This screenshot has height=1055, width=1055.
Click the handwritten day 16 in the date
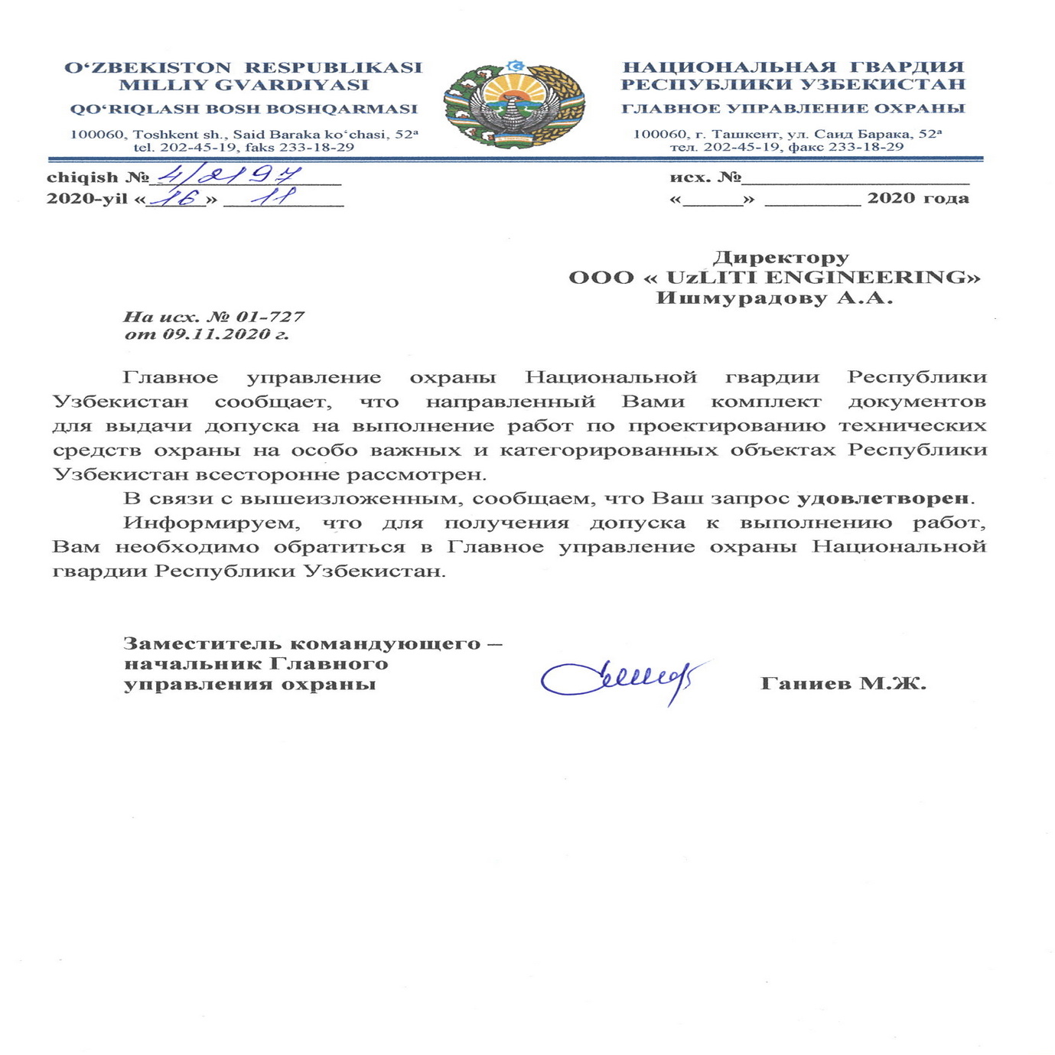(x=176, y=198)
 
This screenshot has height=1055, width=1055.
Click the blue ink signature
(x=620, y=678)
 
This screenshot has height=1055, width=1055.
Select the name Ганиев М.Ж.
(x=843, y=683)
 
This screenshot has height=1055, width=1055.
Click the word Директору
(x=780, y=257)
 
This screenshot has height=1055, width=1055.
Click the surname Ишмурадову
(x=741, y=298)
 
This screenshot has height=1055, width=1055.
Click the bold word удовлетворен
(x=883, y=498)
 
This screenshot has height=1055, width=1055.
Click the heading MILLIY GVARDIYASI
(x=243, y=85)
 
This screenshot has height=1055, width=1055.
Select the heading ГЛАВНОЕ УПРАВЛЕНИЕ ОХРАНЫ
(x=793, y=109)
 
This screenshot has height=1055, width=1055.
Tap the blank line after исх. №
(x=855, y=181)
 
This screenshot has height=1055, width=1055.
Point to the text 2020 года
(x=917, y=198)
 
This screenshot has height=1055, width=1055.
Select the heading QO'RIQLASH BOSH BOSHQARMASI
(x=243, y=109)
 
